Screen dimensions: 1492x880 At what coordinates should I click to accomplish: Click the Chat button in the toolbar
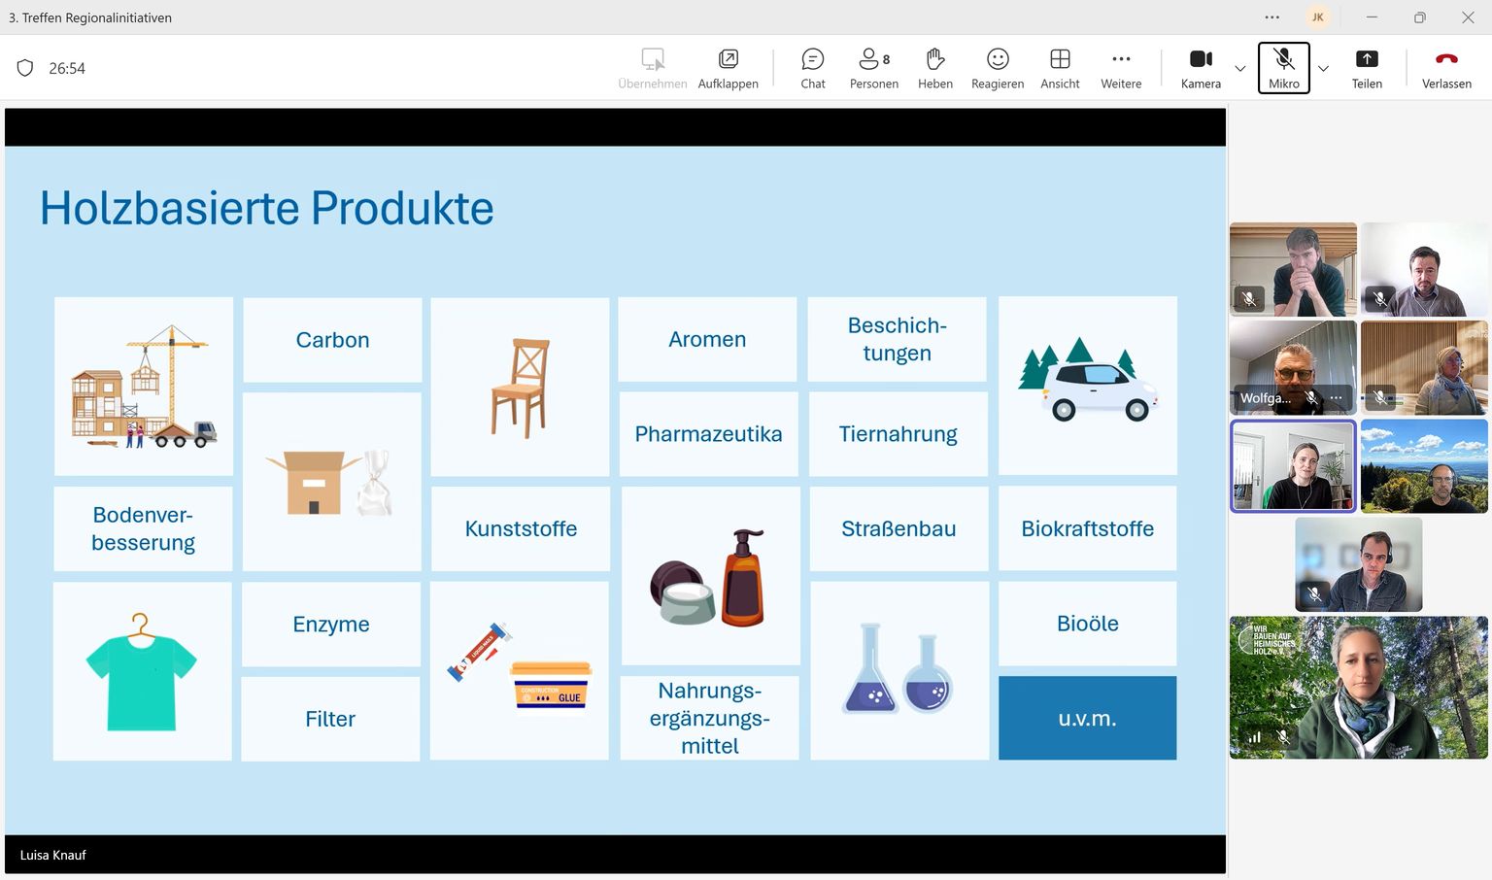[813, 68]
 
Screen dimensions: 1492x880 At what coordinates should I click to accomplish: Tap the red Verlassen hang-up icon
[1446, 58]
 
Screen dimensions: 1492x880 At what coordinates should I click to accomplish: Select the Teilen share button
[1366, 68]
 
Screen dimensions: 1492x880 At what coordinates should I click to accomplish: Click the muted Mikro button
[1283, 68]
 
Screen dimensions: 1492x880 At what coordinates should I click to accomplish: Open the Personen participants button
[874, 68]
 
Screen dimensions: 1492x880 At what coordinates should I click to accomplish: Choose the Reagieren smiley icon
[998, 59]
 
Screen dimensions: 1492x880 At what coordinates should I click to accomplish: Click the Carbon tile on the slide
[332, 340]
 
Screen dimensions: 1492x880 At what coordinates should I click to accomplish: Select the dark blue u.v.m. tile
[1087, 718]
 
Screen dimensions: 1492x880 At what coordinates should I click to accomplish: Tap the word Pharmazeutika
[708, 434]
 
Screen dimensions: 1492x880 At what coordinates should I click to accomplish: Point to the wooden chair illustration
[521, 388]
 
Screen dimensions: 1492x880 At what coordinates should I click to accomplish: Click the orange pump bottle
[743, 578]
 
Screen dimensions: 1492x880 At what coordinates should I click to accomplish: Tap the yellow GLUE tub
[551, 686]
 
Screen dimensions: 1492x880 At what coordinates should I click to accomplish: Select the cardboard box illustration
[313, 483]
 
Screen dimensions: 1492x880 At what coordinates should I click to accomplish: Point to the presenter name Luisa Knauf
[52, 855]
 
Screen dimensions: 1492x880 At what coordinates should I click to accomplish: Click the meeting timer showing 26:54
[67, 69]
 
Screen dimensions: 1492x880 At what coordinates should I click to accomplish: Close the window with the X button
[1468, 18]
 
